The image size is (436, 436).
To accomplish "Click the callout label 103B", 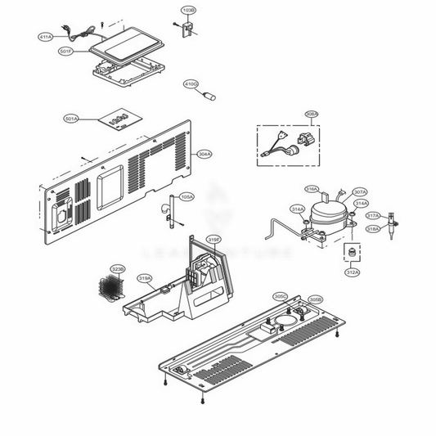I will pyautogui.click(x=188, y=11).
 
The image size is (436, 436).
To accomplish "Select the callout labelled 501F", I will pyautogui.click(x=66, y=51).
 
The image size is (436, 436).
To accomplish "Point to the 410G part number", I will pyautogui.click(x=191, y=83).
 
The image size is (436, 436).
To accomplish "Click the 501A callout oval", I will pyautogui.click(x=71, y=119).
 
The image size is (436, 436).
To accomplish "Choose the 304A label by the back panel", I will pyautogui.click(x=205, y=154).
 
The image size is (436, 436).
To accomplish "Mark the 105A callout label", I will pyautogui.click(x=187, y=197).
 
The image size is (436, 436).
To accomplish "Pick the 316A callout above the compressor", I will pyautogui.click(x=312, y=189).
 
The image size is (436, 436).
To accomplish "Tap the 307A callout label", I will pyautogui.click(x=360, y=192).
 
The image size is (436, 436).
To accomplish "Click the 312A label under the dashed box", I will pyautogui.click(x=352, y=272).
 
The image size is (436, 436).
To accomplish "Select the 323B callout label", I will pyautogui.click(x=118, y=268).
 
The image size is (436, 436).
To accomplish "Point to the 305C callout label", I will pyautogui.click(x=280, y=296).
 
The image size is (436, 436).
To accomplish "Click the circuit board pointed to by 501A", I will pyautogui.click(x=118, y=121).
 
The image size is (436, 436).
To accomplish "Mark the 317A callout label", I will pyautogui.click(x=373, y=215).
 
